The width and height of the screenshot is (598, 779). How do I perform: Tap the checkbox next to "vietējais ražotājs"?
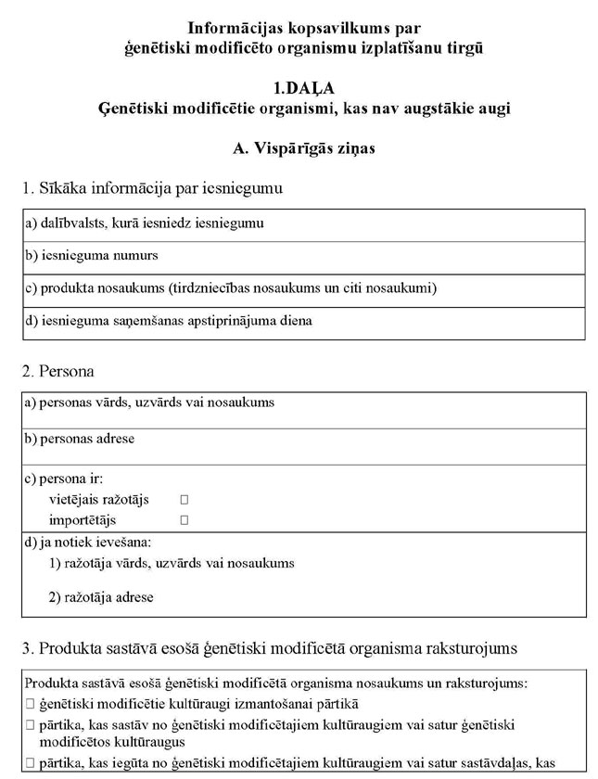point(184,500)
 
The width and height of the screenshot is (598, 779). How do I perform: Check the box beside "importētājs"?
point(184,520)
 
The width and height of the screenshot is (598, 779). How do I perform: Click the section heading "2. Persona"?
point(57,372)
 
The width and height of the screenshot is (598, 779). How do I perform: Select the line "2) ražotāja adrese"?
point(101,597)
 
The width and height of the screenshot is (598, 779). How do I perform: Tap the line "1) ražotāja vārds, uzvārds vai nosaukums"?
point(171,563)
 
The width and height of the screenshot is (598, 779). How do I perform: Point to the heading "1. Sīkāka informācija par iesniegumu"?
point(152,188)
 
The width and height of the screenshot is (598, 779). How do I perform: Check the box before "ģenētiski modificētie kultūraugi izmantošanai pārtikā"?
point(31,705)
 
